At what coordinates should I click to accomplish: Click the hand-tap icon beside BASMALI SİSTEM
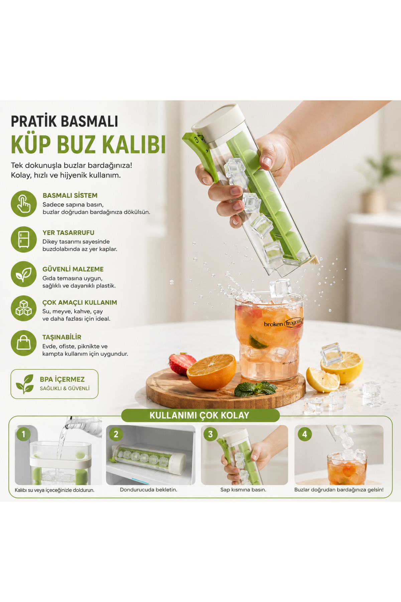point(24,204)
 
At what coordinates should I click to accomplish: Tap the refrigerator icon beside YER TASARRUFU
point(24,239)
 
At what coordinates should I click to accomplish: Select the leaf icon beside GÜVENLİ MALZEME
point(24,274)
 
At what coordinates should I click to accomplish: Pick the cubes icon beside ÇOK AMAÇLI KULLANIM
point(24,308)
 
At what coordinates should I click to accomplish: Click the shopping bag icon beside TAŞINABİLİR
point(24,343)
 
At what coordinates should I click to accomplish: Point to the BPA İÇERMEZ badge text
point(62,379)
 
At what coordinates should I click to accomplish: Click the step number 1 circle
point(23,434)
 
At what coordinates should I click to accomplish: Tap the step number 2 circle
point(116,434)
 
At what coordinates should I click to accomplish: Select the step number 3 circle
point(211,434)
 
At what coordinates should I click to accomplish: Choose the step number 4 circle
point(304,434)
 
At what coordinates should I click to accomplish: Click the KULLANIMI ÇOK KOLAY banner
point(200,415)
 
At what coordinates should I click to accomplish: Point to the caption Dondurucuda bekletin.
point(148,490)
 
